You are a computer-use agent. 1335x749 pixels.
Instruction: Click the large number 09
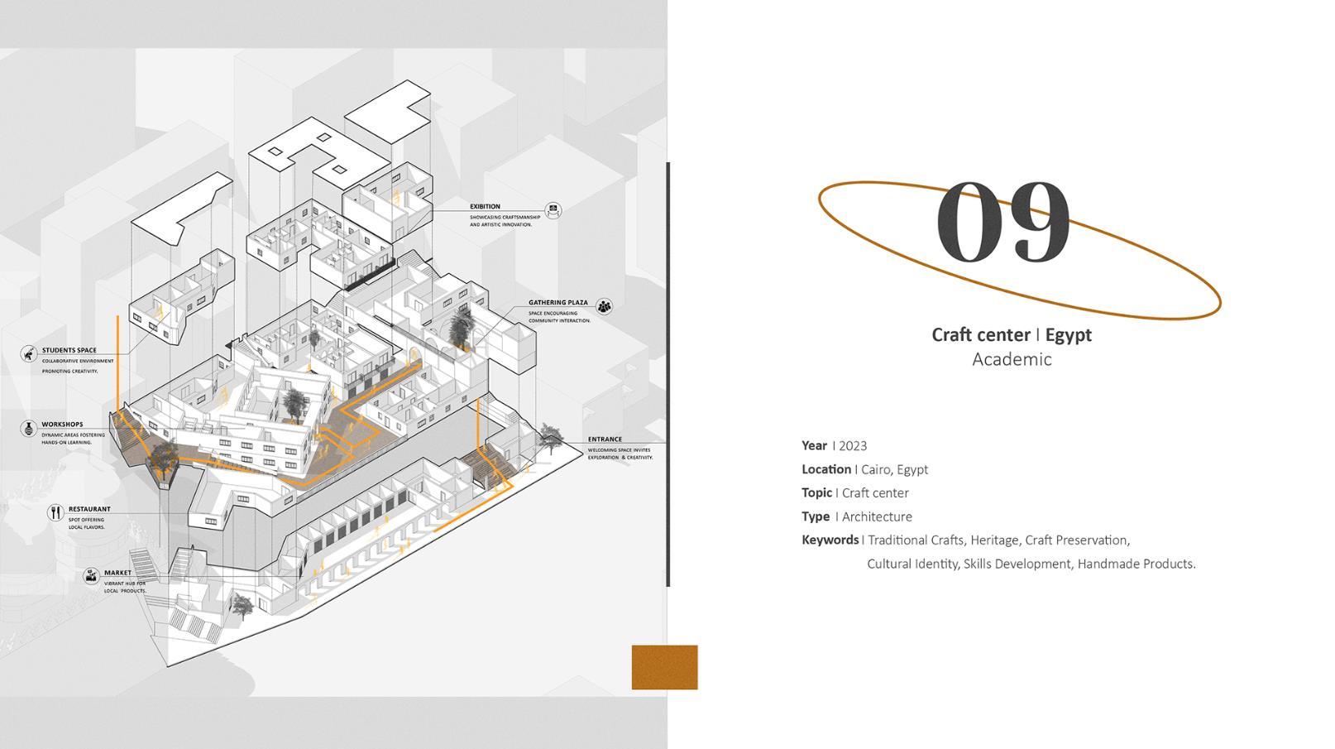[x=1003, y=222]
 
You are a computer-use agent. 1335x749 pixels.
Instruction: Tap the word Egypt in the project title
[x=1068, y=335]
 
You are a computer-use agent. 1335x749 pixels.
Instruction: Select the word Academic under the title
[x=1012, y=359]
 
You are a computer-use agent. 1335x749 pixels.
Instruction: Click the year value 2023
[x=853, y=446]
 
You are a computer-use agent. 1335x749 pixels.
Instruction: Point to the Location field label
[x=825, y=469]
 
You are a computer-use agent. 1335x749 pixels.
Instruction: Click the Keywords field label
[x=830, y=540]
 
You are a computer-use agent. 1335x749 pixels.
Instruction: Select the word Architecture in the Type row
[x=877, y=516]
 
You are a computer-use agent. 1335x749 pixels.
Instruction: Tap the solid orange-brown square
[x=664, y=667]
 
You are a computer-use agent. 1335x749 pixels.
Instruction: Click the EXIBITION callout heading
[x=485, y=207]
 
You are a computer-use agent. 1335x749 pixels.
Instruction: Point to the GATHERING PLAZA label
[x=558, y=303]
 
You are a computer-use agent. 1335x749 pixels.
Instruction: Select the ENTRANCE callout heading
[x=605, y=439]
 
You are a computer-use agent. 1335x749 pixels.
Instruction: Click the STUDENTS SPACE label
[x=69, y=351]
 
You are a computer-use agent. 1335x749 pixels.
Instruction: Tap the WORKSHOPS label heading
[x=62, y=425]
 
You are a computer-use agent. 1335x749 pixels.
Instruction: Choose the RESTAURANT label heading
[x=89, y=510]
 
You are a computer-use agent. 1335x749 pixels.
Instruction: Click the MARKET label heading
[x=117, y=573]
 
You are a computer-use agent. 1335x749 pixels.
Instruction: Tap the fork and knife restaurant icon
[x=55, y=513]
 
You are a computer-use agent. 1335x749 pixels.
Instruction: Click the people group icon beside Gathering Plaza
[x=605, y=307]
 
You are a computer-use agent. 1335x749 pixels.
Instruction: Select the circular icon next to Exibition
[x=553, y=211]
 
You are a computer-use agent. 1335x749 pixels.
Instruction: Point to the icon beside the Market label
[x=91, y=576]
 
